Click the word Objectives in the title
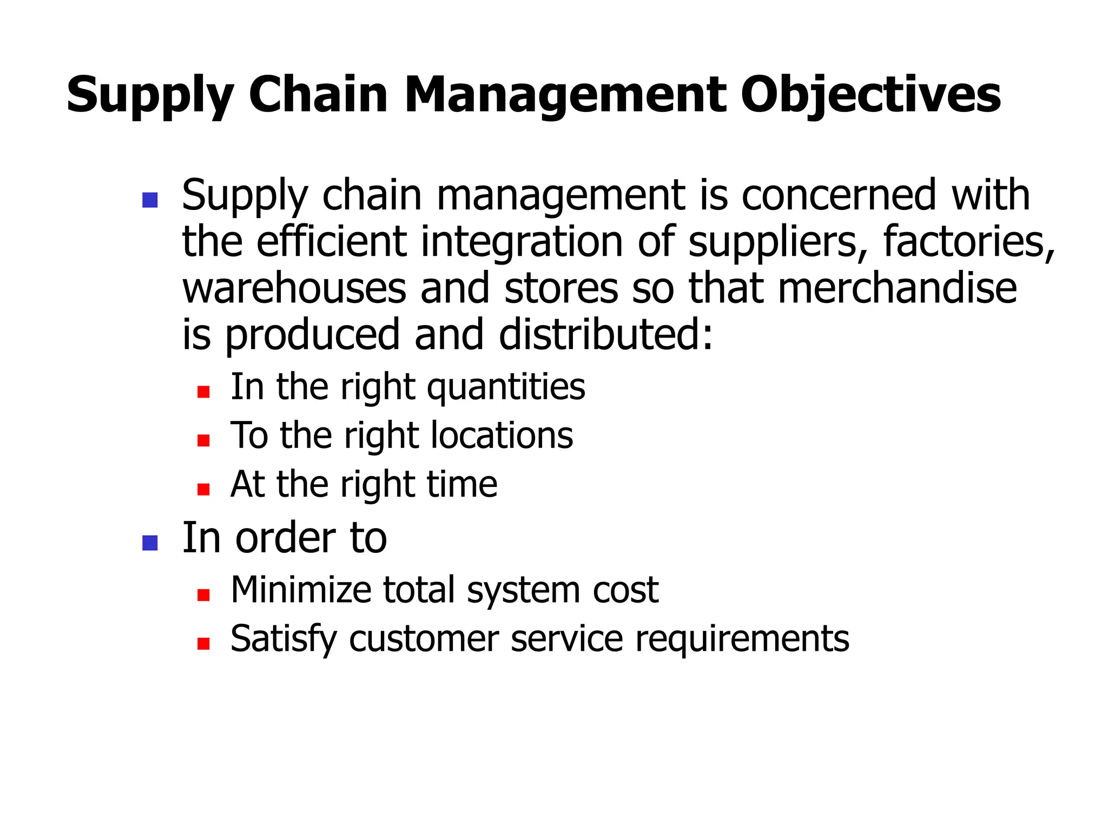870,96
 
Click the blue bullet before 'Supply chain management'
149,200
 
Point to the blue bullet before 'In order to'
149,543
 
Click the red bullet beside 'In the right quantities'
203,392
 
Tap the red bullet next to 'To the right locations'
203,440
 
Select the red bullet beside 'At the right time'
203,489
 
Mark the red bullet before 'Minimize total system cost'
203,595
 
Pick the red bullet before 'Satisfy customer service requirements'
203,643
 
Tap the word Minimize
301,590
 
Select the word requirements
742,639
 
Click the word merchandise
897,288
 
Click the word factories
968,242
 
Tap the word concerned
839,195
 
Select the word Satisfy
283,639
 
